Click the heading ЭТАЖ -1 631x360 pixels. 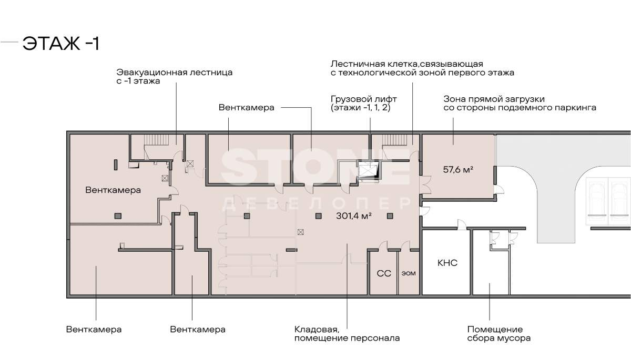[x=60, y=44]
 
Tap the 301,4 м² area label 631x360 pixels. [x=354, y=215]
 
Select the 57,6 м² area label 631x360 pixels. [x=458, y=170]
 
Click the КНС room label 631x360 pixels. [x=447, y=263]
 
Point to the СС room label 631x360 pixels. [x=383, y=274]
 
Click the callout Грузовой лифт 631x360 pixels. [x=364, y=103]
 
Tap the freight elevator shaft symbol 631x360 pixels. [x=368, y=170]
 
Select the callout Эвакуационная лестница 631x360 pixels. [x=174, y=77]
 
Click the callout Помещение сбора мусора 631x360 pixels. [x=498, y=334]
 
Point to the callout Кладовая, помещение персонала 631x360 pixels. [x=347, y=334]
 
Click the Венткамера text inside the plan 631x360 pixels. [x=113, y=190]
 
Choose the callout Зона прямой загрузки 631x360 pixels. [x=520, y=103]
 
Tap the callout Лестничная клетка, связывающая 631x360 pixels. [x=422, y=68]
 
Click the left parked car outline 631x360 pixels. [x=596, y=198]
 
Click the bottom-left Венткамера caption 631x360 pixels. [x=94, y=330]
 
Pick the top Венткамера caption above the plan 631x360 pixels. [x=247, y=107]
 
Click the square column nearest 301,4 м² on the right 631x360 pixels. [x=390, y=215]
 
